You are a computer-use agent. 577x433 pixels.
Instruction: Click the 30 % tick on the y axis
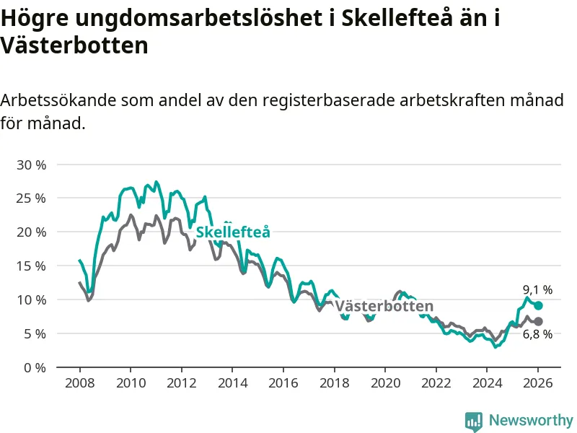[x=30, y=165]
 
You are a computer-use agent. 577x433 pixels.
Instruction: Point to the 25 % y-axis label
[x=30, y=198]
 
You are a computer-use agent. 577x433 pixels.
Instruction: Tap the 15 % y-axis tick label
[x=30, y=266]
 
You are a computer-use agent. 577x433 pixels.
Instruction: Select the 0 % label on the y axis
[x=34, y=367]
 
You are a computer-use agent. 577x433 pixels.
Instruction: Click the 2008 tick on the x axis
[x=79, y=382]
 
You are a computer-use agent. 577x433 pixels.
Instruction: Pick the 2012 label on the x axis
[x=181, y=382]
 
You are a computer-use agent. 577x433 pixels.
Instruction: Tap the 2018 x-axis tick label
[x=334, y=382]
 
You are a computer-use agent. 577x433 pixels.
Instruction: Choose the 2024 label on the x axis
[x=487, y=382]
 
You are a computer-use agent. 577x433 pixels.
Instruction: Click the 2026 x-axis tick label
[x=538, y=382]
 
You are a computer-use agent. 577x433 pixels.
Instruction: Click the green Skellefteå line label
[x=233, y=232]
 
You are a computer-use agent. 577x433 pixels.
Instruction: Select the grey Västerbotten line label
[x=384, y=306]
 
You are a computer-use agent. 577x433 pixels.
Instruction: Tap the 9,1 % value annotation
[x=537, y=290]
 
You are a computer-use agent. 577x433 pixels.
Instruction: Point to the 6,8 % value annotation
[x=537, y=334]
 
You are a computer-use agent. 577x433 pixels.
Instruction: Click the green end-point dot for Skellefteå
[x=538, y=305]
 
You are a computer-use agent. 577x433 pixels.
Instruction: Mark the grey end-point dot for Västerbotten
[x=538, y=321]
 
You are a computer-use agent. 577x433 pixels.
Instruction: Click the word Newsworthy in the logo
[x=531, y=420]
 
